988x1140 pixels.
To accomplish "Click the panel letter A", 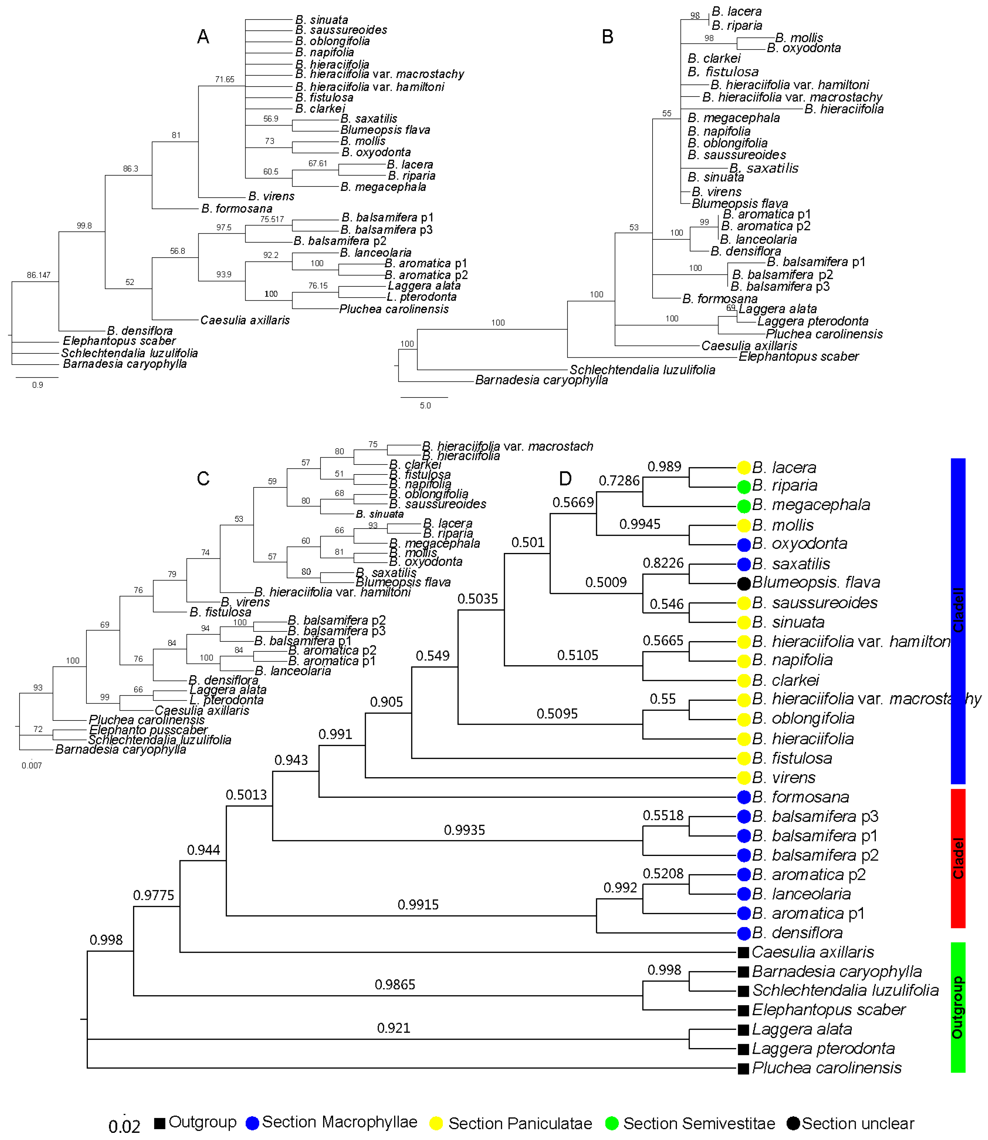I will click(x=203, y=37).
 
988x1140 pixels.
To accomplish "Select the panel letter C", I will click(x=203, y=478).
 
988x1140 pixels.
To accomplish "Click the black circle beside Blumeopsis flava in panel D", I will click(x=744, y=582).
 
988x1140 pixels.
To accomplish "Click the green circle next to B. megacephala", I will click(x=744, y=505).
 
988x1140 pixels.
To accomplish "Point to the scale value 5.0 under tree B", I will click(x=425, y=405).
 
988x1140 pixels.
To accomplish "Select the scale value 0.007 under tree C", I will click(x=32, y=765).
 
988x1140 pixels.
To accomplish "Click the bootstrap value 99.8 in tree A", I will click(x=84, y=226).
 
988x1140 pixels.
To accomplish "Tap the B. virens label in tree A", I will click(x=271, y=196).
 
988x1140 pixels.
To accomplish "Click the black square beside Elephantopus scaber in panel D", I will click(x=743, y=1010).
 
